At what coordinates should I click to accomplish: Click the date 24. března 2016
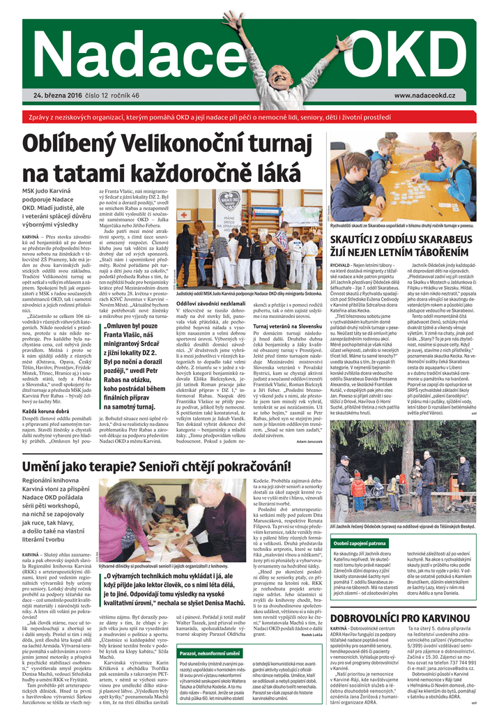coord(62,96)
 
